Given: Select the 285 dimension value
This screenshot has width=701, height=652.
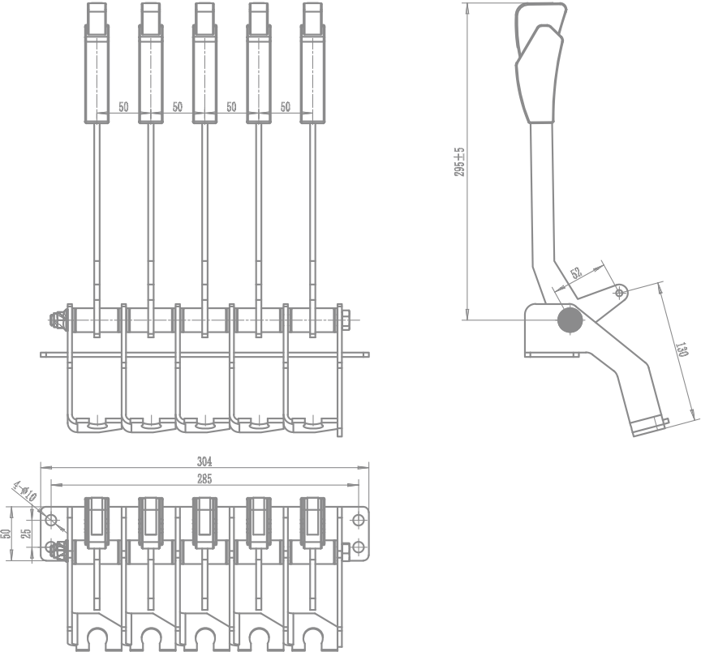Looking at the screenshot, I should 204,480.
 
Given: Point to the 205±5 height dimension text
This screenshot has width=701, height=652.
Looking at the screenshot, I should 459,162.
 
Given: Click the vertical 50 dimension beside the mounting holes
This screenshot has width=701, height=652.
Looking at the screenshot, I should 6,534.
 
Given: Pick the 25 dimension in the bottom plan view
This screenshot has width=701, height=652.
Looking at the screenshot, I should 26,534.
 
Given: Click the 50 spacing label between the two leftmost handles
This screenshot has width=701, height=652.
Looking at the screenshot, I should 123,107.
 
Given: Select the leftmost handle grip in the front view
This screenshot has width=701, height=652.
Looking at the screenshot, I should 98,73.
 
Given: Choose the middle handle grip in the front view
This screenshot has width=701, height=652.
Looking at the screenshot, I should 204,73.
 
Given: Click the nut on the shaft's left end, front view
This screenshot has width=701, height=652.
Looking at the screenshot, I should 57,320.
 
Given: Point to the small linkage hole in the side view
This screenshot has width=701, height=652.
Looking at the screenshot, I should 621,290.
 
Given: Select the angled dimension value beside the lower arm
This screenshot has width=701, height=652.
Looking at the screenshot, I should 682,351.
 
